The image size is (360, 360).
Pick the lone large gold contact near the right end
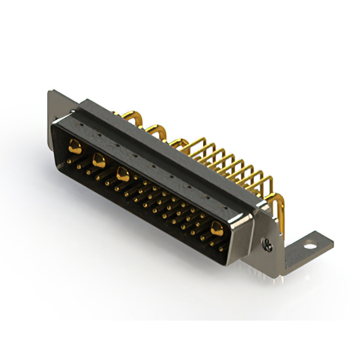click(x=217, y=227)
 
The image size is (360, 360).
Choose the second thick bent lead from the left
click(x=157, y=132)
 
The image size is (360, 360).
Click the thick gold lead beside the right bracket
click(x=277, y=202)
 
